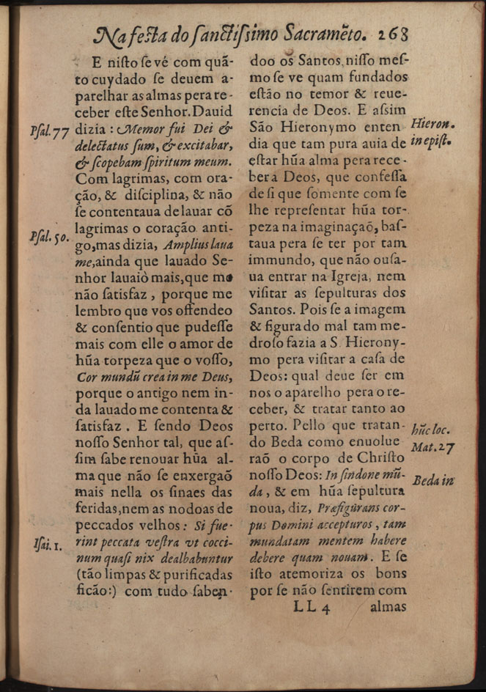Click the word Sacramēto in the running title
click(320, 32)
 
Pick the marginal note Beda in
click(433, 481)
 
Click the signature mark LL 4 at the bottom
click(314, 606)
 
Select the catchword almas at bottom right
click(388, 606)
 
